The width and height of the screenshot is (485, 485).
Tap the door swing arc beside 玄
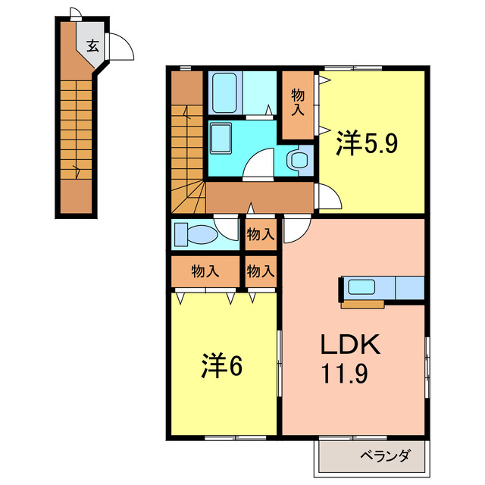[x=121, y=47]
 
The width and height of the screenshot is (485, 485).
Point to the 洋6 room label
[x=221, y=366]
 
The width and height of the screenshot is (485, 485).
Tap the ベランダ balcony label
[x=384, y=456]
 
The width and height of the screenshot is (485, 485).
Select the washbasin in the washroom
[x=222, y=141]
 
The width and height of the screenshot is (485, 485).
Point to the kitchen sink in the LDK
[x=360, y=288]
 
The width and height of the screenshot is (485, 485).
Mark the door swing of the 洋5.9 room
[x=330, y=199]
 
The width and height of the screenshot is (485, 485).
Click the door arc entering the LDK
[x=295, y=230]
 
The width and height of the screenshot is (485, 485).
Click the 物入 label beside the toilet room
[x=260, y=235]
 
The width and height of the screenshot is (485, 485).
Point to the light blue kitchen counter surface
[x=408, y=288]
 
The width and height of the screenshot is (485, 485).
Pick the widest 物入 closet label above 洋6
[x=205, y=271]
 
